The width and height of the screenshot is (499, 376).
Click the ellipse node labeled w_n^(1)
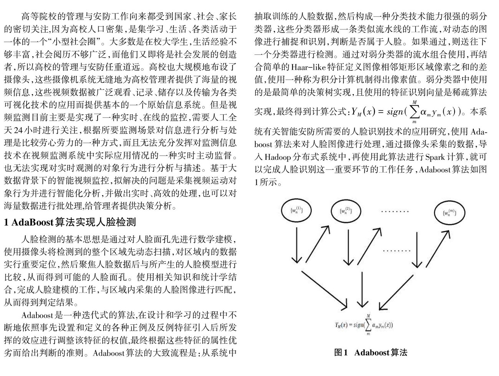pyautogui.click(x=296, y=211)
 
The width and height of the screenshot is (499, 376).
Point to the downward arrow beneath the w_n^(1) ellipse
pyautogui.click(x=296, y=245)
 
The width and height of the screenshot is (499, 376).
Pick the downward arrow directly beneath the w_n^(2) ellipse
pyautogui.click(x=348, y=247)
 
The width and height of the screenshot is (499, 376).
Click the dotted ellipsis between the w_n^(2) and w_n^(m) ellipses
pyautogui.click(x=395, y=211)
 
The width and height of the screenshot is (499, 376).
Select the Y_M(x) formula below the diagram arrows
pyautogui.click(x=364, y=325)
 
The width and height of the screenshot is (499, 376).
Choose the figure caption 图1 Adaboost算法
pyautogui.click(x=370, y=353)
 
